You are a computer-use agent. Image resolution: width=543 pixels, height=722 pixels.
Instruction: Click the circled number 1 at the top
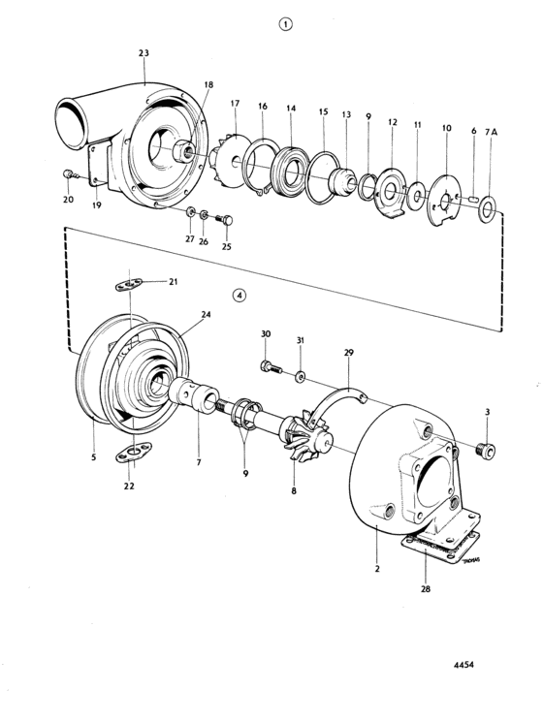[x=286, y=24]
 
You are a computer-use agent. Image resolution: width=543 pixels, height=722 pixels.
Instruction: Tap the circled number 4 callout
[x=240, y=296]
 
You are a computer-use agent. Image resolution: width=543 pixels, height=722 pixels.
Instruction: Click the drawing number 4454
[x=463, y=665]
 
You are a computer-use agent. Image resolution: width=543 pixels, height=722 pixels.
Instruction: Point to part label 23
[x=144, y=53]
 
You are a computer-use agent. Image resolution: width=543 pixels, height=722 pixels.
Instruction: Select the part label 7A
[x=491, y=132]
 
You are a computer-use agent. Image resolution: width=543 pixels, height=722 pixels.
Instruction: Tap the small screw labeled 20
[x=69, y=173]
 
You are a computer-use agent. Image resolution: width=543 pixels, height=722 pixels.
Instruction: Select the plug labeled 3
[x=487, y=450]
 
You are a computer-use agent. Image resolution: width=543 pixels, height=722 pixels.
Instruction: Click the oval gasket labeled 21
[x=129, y=285]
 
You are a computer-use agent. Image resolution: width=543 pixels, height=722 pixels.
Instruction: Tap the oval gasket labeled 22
[x=134, y=452]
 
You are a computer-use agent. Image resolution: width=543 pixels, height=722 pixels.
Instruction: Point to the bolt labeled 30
[x=271, y=367]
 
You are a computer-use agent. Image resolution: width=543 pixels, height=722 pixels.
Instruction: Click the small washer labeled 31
[x=301, y=377]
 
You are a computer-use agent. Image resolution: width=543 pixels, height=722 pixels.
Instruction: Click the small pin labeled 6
[x=472, y=199]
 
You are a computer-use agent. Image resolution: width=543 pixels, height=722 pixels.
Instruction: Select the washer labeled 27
[x=190, y=212]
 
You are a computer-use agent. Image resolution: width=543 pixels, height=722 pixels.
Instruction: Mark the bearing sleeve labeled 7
[x=193, y=395]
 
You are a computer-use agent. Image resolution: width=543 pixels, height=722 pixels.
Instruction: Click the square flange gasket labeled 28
[x=440, y=547]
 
